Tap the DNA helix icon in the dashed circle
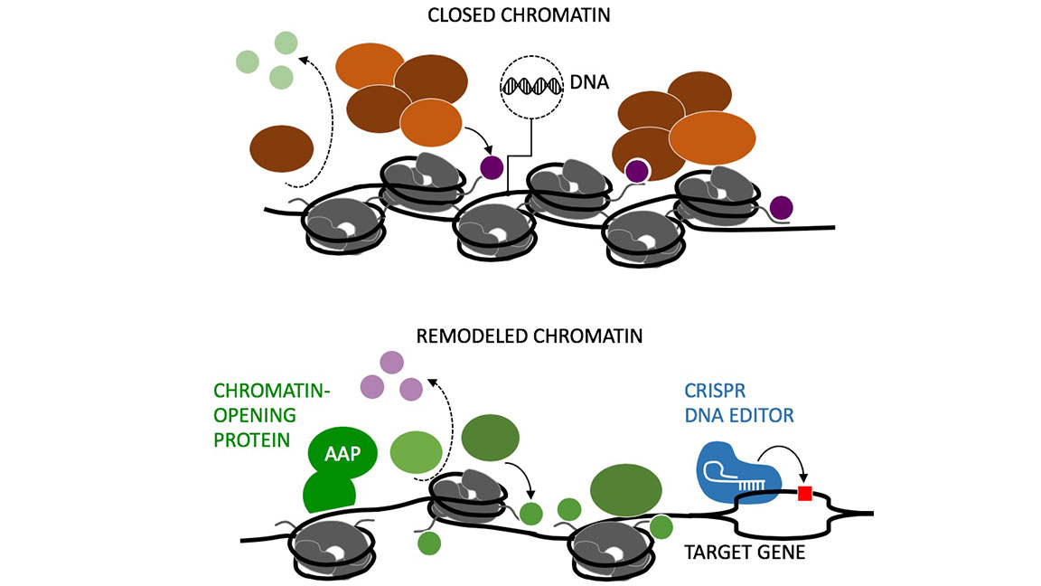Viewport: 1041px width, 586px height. point(531,86)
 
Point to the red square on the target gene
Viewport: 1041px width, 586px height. point(805,493)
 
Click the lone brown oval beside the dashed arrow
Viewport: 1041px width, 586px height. point(281,147)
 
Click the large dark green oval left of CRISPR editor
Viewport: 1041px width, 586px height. point(624,490)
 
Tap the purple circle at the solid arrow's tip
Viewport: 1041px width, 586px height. point(491,166)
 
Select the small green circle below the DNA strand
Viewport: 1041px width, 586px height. point(430,543)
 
